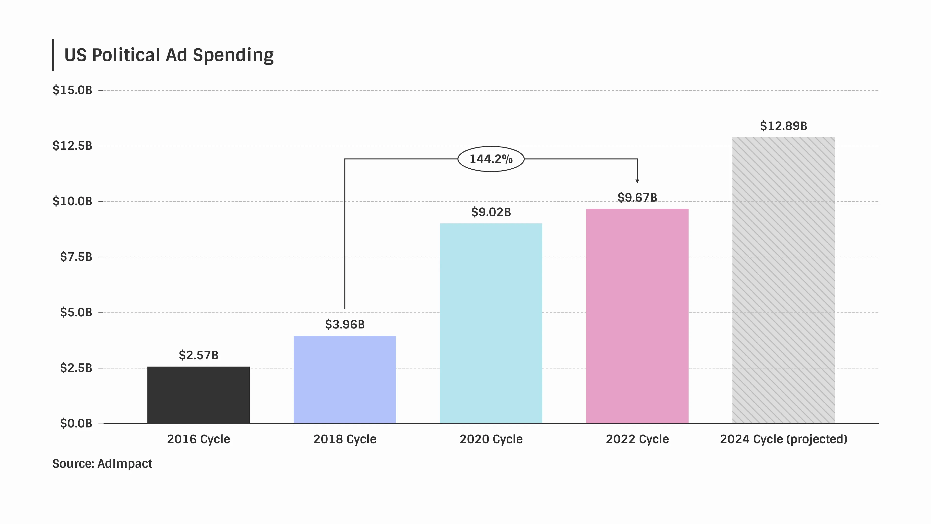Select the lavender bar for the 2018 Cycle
pos(345,379)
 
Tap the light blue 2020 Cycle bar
pos(491,323)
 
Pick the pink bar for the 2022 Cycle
pos(637,316)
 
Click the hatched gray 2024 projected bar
pos(783,280)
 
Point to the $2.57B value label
pos(198,355)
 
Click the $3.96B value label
pos(345,324)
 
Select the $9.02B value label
pos(491,212)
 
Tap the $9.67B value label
pos(637,197)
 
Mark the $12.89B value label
pos(783,126)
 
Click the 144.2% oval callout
pos(491,159)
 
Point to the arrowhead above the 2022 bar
pos(637,181)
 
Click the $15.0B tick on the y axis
pos(72,90)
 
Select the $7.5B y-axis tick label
pos(76,257)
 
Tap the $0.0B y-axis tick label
pos(76,423)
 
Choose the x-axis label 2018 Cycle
pos(345,439)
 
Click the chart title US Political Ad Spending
pos(169,55)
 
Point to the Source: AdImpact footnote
pos(102,464)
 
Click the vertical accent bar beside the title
pos(54,55)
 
